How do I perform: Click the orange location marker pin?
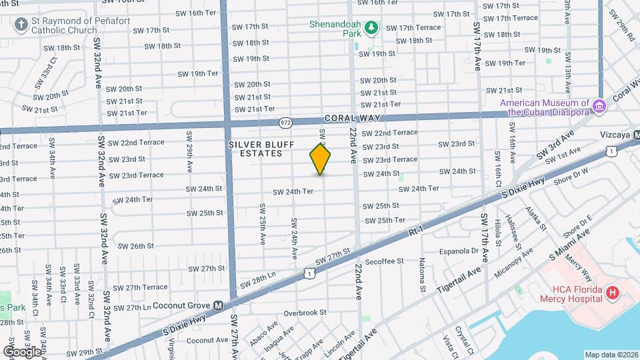point(321,159)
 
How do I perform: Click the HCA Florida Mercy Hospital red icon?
point(611,293)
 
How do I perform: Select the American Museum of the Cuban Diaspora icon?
point(599,107)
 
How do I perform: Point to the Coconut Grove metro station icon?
point(218,306)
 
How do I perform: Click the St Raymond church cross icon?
point(21,25)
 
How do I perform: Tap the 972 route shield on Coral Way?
point(285,123)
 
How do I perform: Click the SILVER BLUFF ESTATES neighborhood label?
point(255,149)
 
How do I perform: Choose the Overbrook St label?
point(304,312)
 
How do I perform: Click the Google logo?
point(22,351)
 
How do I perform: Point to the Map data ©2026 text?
point(611,355)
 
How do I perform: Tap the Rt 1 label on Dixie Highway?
point(415,231)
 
